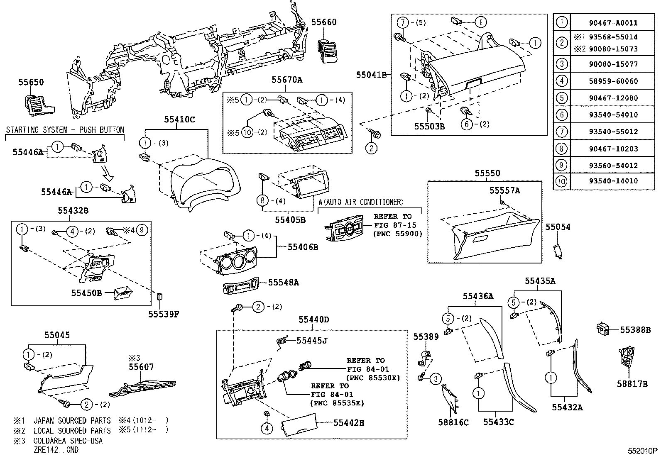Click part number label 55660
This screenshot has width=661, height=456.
pos(324,22)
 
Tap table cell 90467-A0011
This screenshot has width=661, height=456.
pos(613,23)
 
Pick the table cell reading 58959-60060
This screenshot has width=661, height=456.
pos(613,81)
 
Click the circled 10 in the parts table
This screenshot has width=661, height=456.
pos(561,181)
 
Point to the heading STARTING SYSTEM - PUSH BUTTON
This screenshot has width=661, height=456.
pos(65,130)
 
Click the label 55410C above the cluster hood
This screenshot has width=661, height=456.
pos(179,119)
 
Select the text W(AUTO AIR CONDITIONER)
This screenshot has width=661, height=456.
pos(361,202)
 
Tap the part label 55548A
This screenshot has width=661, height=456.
pos(283,283)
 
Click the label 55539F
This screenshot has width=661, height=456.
pos(164,314)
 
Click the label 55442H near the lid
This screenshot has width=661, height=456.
pos(349,423)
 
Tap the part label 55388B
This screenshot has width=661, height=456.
pos(635,330)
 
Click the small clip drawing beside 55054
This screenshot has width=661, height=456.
pos(558,251)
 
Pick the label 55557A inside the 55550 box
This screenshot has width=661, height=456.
pos(504,190)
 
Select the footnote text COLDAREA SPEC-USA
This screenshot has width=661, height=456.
pos(68,441)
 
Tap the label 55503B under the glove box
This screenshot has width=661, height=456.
pos(429,126)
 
